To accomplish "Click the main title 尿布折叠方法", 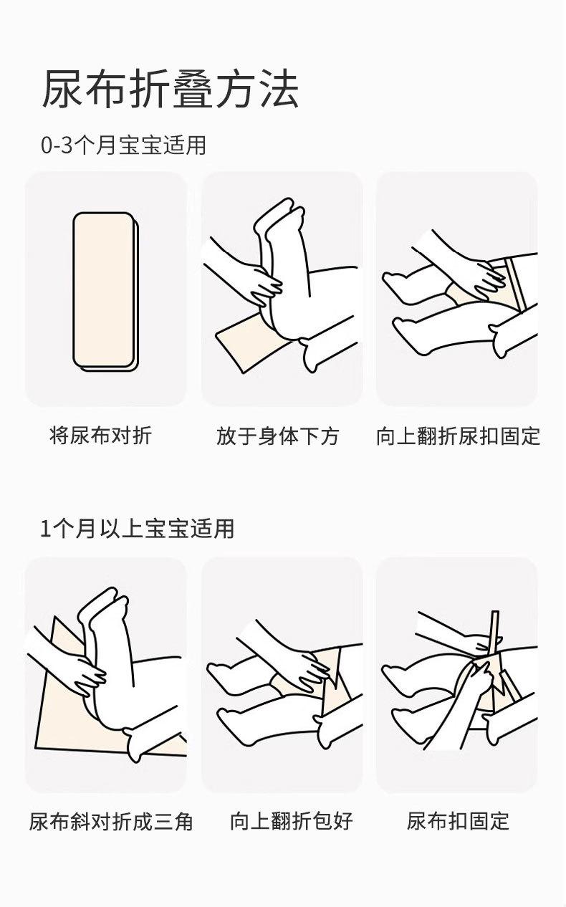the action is tap(171, 89).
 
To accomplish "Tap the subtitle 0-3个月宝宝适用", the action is tap(123, 145).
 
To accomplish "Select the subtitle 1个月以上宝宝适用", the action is tap(138, 529).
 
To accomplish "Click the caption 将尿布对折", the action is tap(101, 436).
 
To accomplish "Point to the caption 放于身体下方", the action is tap(278, 436).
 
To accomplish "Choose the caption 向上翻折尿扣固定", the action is tap(459, 436).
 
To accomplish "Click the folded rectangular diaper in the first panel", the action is tap(105, 291).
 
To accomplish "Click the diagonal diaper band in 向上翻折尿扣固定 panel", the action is tap(516, 284).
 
